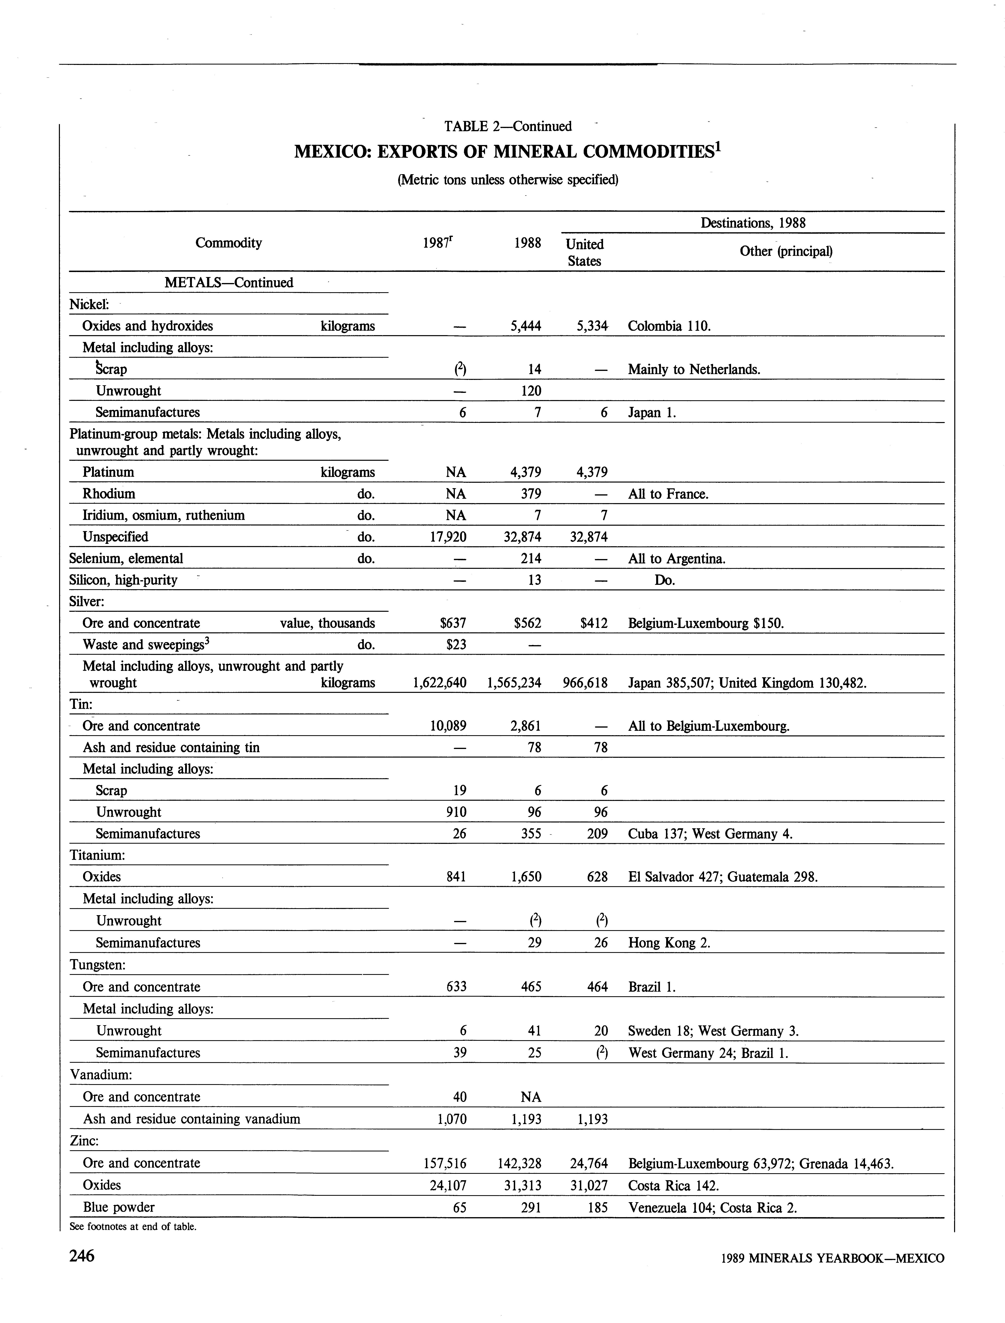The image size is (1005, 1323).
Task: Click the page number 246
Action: (x=82, y=1255)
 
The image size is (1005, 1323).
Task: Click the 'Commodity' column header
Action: (x=228, y=243)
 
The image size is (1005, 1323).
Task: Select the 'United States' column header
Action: (x=584, y=252)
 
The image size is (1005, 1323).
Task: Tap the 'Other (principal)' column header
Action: (x=786, y=251)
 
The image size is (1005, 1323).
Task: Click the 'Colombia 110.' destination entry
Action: (x=669, y=326)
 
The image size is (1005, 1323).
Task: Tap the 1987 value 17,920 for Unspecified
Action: (x=448, y=537)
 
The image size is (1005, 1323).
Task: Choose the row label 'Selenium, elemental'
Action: (x=126, y=558)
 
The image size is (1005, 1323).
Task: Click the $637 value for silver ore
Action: (x=453, y=623)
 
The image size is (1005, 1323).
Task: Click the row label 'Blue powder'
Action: (x=118, y=1208)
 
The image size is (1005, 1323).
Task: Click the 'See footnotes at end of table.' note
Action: (x=133, y=1226)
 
